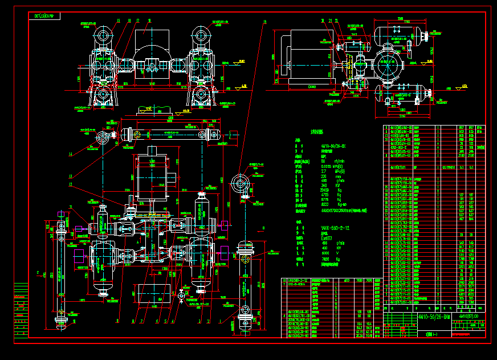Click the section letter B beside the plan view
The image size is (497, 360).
[x=263, y=228]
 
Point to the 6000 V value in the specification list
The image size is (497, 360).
[x=326, y=253]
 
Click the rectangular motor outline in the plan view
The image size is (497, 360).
[x=152, y=176]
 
